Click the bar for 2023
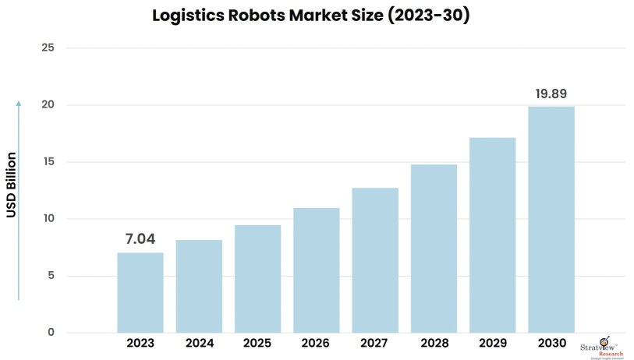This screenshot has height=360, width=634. (x=140, y=292)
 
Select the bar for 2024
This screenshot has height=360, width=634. (x=199, y=286)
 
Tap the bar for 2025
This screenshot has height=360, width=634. (x=257, y=278)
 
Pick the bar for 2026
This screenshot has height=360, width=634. (x=317, y=270)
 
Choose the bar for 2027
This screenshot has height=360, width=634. (x=375, y=259)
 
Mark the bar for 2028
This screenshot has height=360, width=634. (x=434, y=248)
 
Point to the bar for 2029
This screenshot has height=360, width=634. (x=492, y=235)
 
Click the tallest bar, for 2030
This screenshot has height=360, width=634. (x=551, y=219)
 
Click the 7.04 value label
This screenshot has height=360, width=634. (x=140, y=239)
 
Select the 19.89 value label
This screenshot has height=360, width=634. (x=551, y=94)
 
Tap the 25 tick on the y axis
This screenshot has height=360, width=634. (x=48, y=48)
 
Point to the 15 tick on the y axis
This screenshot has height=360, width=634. (x=48, y=162)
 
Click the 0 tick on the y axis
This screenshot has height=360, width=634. (x=51, y=333)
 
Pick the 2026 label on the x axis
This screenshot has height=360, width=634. (x=317, y=344)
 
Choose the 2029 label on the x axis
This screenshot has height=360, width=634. (x=492, y=344)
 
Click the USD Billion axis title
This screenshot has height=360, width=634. (x=11, y=185)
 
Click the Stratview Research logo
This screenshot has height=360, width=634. (x=601, y=347)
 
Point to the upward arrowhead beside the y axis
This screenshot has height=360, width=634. (x=19, y=103)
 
